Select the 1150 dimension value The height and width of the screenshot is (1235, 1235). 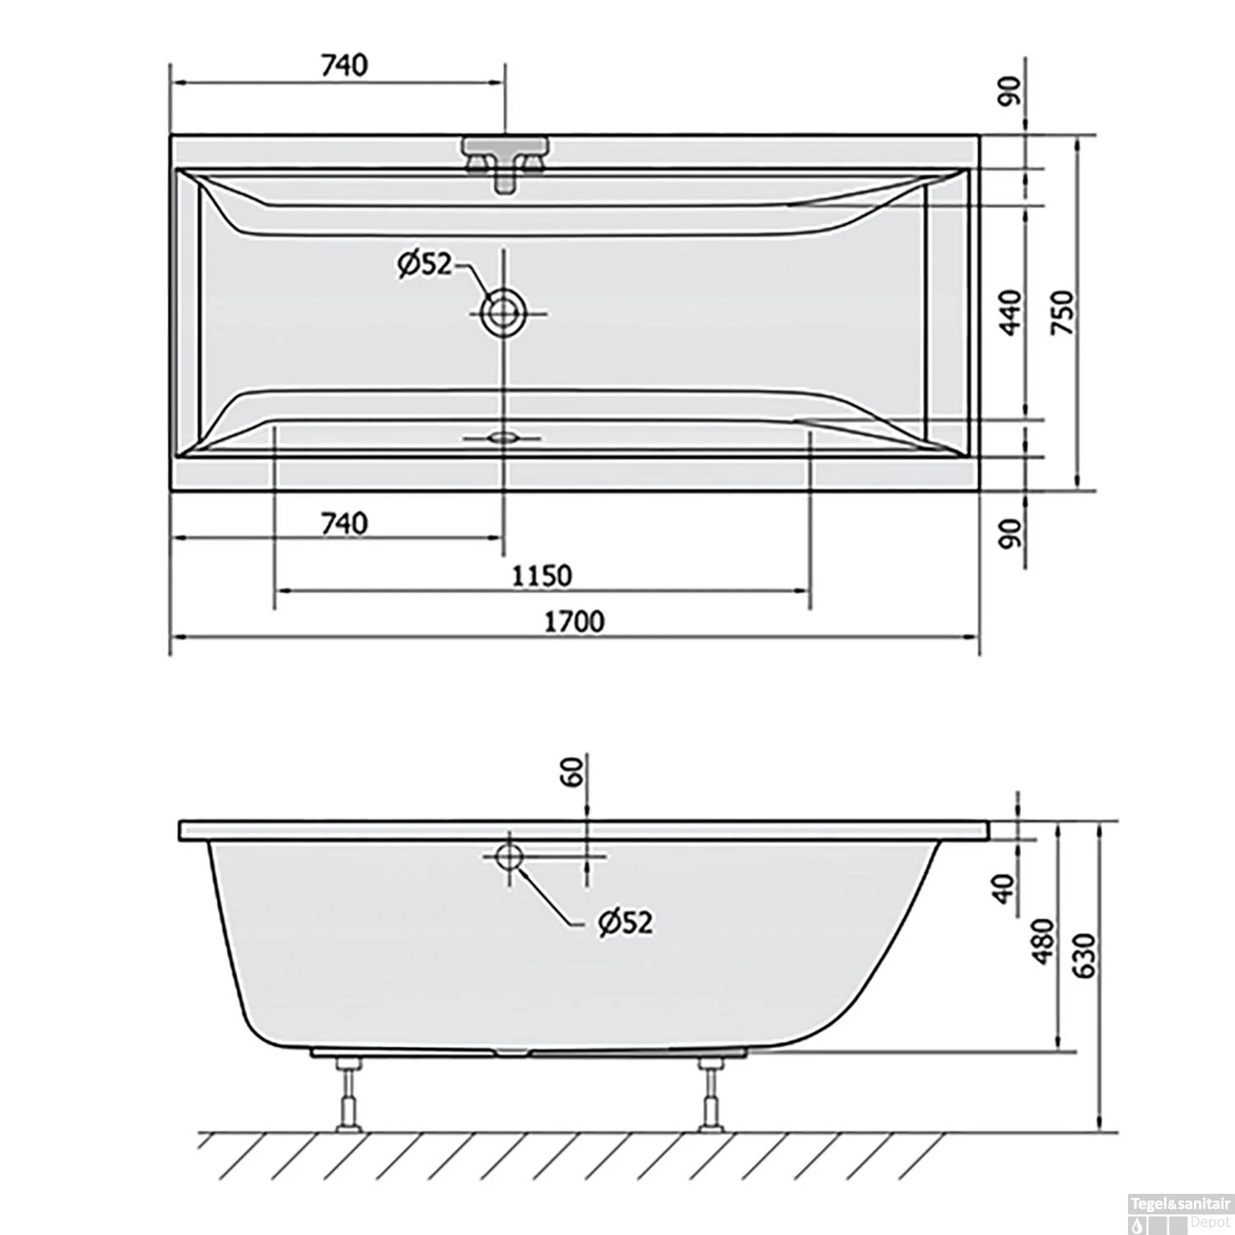click(542, 575)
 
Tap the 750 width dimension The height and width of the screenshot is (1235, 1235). click(1065, 312)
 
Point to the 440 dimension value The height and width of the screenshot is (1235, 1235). click(1012, 311)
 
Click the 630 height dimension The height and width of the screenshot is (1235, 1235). click(1086, 955)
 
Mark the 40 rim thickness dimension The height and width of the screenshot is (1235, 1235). click(1003, 888)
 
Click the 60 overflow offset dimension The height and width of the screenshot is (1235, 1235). click(574, 771)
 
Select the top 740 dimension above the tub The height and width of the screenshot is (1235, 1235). click(344, 65)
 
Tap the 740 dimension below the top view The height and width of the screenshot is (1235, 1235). click(344, 523)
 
